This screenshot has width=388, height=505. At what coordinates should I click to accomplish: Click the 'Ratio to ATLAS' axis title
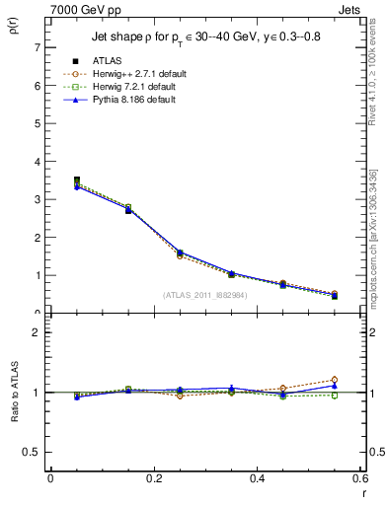coord(13,405)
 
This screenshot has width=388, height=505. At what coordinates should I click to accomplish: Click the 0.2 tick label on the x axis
coord(153,478)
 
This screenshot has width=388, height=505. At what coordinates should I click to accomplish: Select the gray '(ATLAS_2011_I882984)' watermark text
coord(204,294)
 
